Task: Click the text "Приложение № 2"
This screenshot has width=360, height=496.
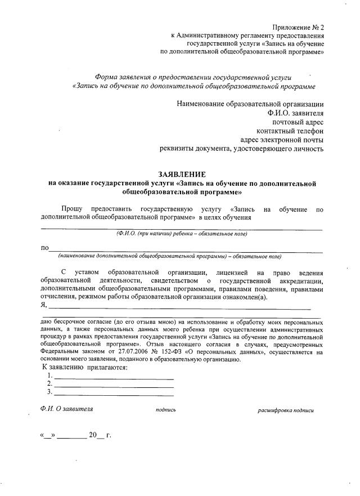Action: point(299,27)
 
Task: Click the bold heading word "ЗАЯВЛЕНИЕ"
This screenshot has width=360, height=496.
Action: point(182,175)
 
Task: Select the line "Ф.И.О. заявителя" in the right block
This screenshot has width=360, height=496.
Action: point(295,113)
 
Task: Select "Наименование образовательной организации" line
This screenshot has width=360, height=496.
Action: point(250,104)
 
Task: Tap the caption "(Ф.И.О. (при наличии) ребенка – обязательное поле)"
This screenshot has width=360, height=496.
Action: point(182,234)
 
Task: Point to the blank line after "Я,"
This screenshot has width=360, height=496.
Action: point(180,307)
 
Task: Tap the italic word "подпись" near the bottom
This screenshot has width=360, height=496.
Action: point(166,410)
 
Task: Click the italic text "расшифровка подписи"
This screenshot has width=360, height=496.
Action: point(286,410)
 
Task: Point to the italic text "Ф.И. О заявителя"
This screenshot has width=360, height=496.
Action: point(67,409)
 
